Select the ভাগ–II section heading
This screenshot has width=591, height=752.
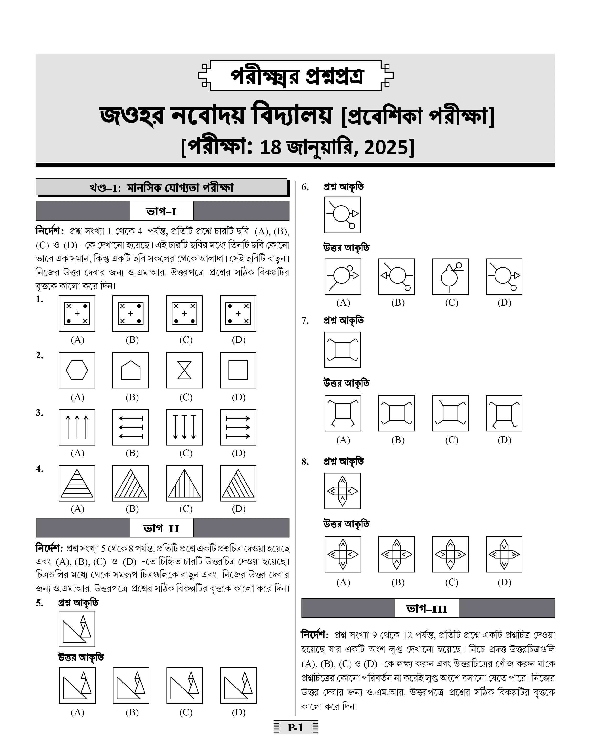tap(161, 528)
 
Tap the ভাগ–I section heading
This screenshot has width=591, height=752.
tap(161, 211)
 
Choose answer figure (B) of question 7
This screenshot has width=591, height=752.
tap(397, 413)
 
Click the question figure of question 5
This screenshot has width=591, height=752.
tap(77, 629)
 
